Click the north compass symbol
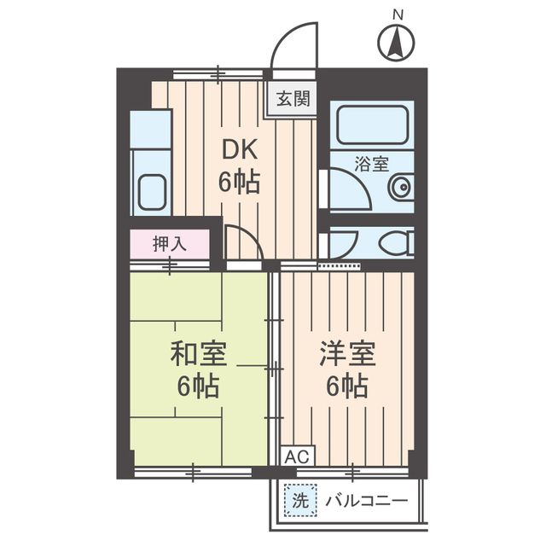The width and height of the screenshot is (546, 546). [x=396, y=43]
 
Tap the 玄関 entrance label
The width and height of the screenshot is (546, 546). [x=293, y=98]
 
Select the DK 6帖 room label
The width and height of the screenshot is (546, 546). [x=241, y=166]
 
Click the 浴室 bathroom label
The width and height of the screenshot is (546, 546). [x=370, y=159]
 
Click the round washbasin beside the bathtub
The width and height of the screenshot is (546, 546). [x=398, y=189]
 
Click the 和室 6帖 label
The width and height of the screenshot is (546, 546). [x=198, y=369]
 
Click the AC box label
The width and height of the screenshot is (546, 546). [x=293, y=456]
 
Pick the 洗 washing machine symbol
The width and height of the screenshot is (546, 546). [x=299, y=499]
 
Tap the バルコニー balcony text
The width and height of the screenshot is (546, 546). [x=365, y=500]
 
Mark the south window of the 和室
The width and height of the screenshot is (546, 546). [x=194, y=470]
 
